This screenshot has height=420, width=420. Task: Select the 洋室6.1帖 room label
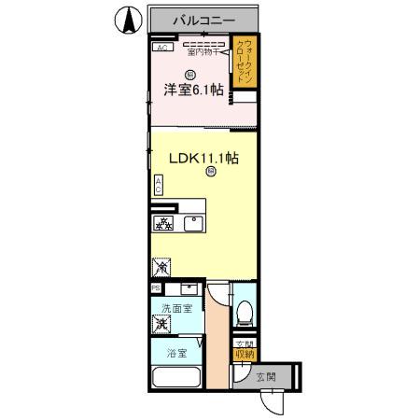tap(194, 90)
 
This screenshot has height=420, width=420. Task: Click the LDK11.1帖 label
tap(204, 158)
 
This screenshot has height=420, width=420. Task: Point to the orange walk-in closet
tap(245, 63)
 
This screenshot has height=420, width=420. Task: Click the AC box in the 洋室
tap(161, 48)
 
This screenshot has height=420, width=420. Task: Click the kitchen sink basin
tap(194, 223)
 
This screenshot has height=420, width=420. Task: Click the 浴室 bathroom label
tap(177, 354)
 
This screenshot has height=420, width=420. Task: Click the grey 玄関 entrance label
tap(265, 377)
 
